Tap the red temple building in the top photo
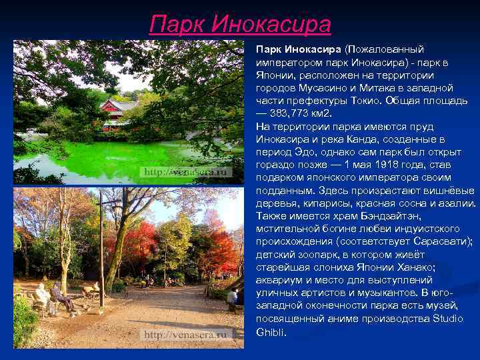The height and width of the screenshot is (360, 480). [x=118, y=111]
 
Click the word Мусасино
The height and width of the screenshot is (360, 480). [x=317, y=88]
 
